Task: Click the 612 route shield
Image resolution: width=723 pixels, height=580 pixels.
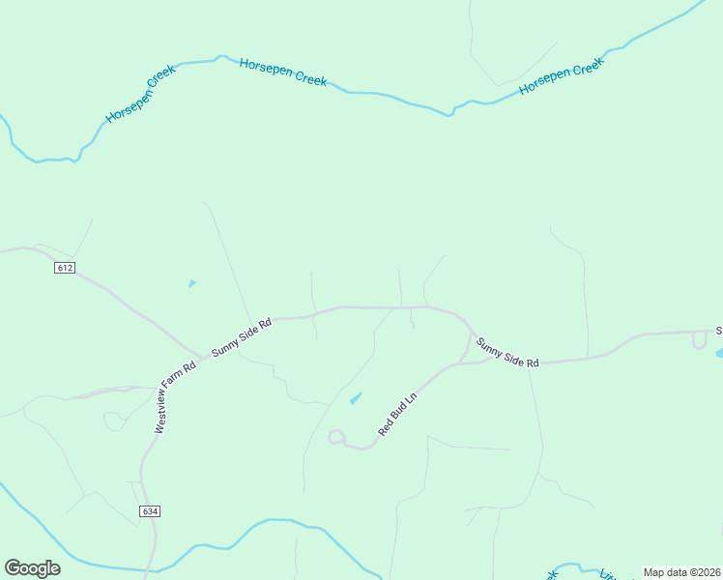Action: [65, 267]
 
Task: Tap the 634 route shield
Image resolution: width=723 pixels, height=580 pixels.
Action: [148, 510]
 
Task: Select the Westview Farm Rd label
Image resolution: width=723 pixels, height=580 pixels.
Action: [175, 397]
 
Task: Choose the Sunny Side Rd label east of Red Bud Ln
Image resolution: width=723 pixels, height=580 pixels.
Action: [506, 349]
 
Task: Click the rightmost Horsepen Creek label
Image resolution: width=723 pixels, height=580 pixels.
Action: [561, 76]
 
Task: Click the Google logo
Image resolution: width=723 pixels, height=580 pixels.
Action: [32, 567]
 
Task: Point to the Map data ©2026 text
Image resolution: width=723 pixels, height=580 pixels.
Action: [681, 572]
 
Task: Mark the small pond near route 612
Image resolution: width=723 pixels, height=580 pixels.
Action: [191, 283]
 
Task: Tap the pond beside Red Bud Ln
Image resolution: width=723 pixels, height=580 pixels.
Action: [355, 397]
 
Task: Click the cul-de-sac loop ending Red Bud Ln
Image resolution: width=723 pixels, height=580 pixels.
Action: [335, 437]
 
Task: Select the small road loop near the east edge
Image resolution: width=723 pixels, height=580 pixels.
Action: [699, 340]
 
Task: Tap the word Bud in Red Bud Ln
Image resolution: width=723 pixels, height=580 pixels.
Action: [396, 414]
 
